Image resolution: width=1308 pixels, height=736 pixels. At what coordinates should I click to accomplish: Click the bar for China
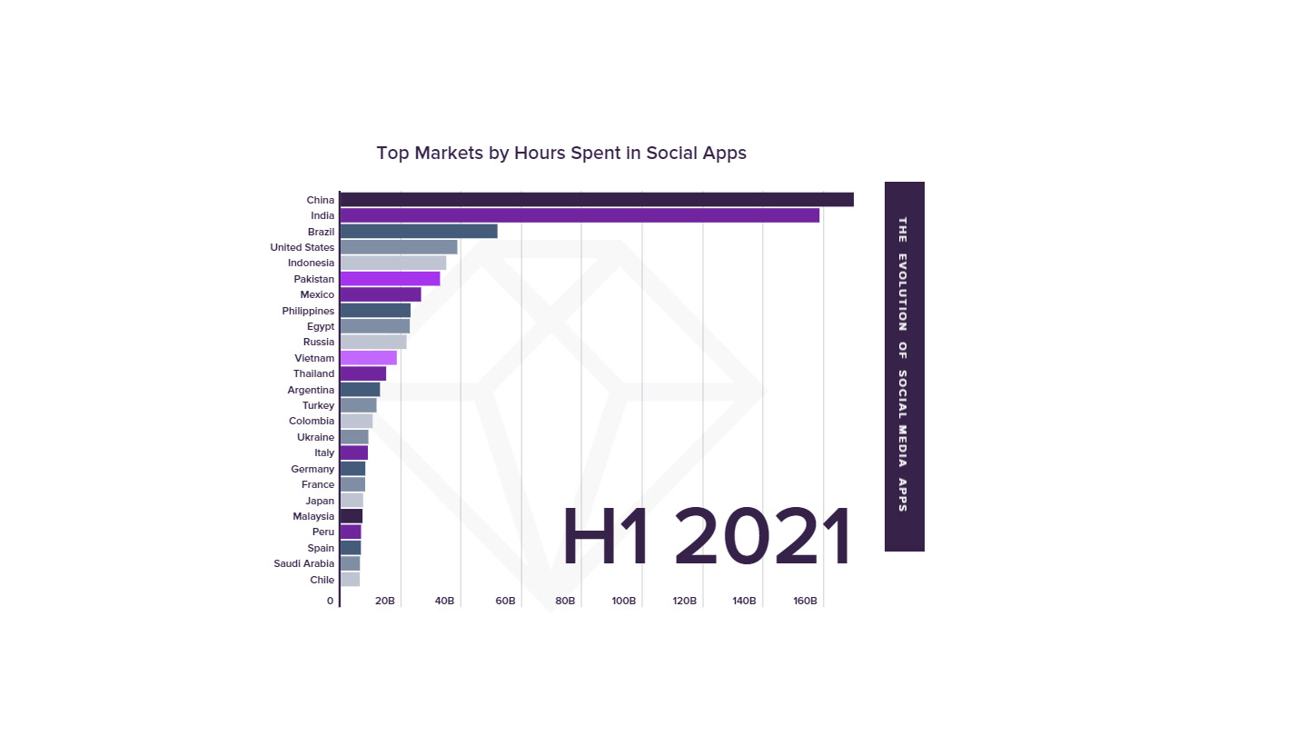click(596, 200)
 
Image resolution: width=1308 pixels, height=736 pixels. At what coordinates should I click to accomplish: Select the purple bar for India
click(580, 215)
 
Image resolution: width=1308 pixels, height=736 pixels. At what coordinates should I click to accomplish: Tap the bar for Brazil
click(419, 232)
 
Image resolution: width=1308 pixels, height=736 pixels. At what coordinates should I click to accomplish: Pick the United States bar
click(399, 247)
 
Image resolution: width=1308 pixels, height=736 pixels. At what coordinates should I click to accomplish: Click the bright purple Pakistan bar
click(390, 279)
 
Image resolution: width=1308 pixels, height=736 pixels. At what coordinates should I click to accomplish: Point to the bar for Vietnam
click(369, 358)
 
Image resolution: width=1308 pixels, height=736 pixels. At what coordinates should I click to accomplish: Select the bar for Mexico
click(381, 294)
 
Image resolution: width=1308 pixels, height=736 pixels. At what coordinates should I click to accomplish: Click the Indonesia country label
click(311, 263)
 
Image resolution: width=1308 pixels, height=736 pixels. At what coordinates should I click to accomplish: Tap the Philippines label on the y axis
click(308, 311)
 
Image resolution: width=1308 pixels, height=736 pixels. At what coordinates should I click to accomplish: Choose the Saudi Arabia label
click(303, 563)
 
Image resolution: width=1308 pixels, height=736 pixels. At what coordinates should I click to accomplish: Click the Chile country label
click(322, 580)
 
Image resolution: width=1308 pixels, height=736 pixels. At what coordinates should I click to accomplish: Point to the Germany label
click(312, 469)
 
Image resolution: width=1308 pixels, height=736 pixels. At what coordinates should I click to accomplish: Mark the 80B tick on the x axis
click(565, 602)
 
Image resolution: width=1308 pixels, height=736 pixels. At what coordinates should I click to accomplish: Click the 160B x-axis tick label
click(805, 602)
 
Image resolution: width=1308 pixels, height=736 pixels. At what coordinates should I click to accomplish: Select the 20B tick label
click(385, 602)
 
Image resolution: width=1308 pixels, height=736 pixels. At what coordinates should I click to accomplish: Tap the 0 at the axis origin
click(331, 602)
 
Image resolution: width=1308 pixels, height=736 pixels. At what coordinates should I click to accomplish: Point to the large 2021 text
click(763, 539)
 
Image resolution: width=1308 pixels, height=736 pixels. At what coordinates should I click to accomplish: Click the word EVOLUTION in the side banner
click(903, 293)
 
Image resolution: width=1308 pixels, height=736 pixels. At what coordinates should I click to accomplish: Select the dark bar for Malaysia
click(352, 516)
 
